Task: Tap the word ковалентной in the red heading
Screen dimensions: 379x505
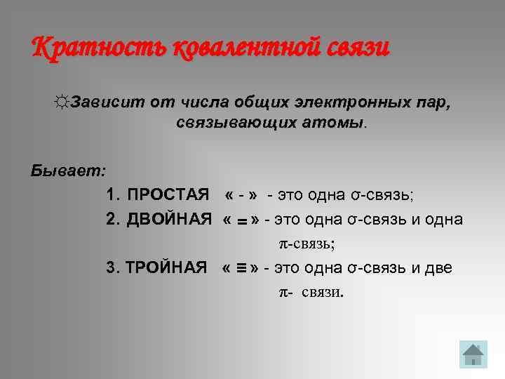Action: (246, 48)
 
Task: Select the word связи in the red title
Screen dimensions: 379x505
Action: (358, 48)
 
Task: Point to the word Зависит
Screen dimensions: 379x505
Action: (107, 102)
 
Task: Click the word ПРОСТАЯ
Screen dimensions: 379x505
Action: (168, 194)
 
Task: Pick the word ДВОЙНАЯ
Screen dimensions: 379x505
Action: (169, 220)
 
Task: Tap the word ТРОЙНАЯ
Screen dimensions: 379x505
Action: (167, 268)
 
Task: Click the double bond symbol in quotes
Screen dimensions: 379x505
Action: (240, 221)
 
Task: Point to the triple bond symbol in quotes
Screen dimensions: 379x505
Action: (240, 268)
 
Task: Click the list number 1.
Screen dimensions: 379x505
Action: (112, 194)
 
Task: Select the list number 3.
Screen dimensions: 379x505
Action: (111, 268)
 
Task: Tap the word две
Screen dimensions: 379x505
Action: (438, 268)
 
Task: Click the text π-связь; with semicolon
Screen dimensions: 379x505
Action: (303, 244)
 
